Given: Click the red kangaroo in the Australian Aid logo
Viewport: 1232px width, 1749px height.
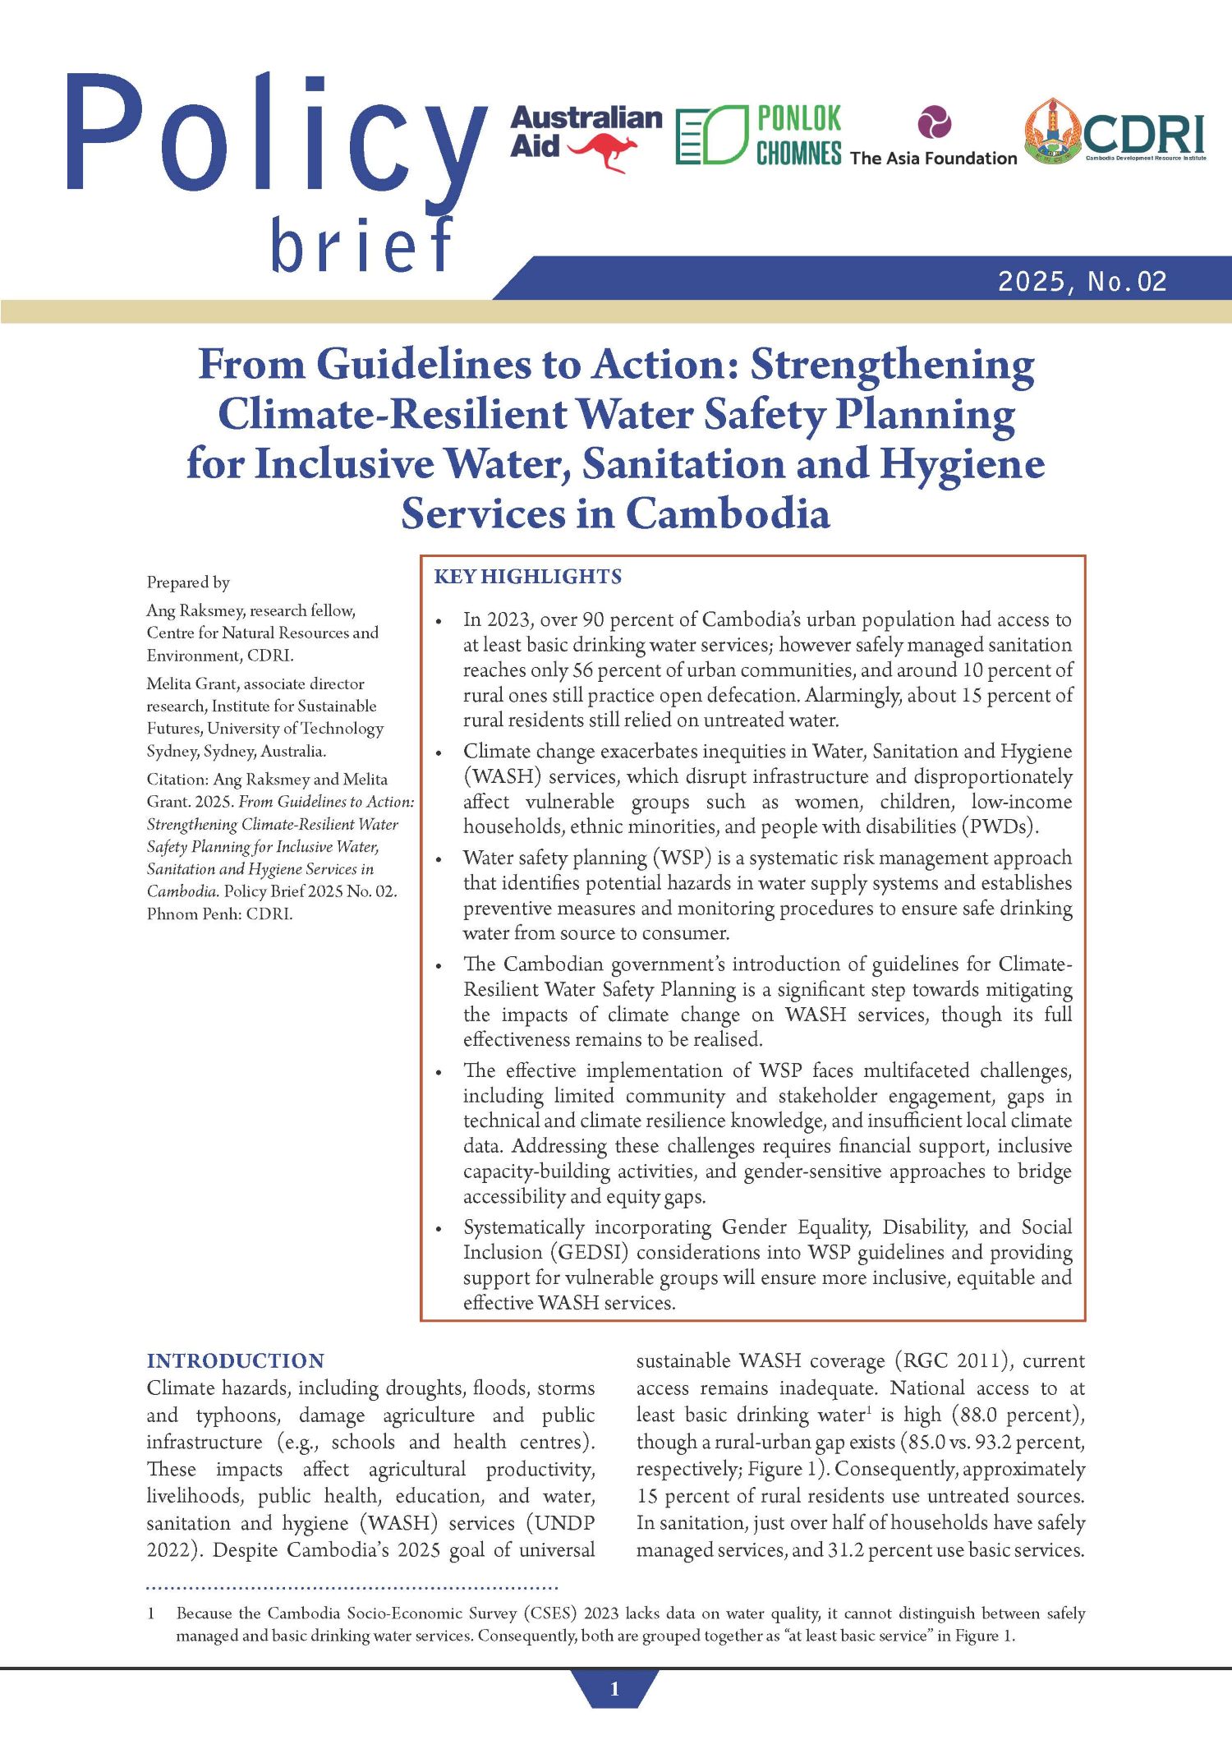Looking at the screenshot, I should click(604, 152).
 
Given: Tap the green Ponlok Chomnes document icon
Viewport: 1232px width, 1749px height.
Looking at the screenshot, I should click(711, 135).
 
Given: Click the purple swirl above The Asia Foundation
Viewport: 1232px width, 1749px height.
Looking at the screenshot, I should click(934, 122).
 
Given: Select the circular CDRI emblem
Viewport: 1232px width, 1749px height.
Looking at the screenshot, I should click(1051, 131).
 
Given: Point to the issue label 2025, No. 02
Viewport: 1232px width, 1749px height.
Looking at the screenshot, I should click(1082, 282).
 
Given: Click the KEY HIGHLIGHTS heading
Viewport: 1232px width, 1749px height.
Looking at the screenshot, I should click(527, 577).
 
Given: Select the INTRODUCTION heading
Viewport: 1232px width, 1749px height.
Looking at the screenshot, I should click(235, 1360).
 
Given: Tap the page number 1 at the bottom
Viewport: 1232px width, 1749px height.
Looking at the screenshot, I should click(614, 1689).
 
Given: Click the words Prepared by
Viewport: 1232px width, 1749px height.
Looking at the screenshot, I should click(188, 582).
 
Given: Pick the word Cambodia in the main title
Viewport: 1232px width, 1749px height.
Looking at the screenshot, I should click(728, 513).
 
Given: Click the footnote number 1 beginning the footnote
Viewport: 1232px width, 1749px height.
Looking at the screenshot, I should click(151, 1613).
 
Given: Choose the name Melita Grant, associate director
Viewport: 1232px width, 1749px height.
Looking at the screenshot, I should click(255, 683).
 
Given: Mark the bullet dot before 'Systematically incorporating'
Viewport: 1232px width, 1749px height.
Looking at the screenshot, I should click(439, 1229).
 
